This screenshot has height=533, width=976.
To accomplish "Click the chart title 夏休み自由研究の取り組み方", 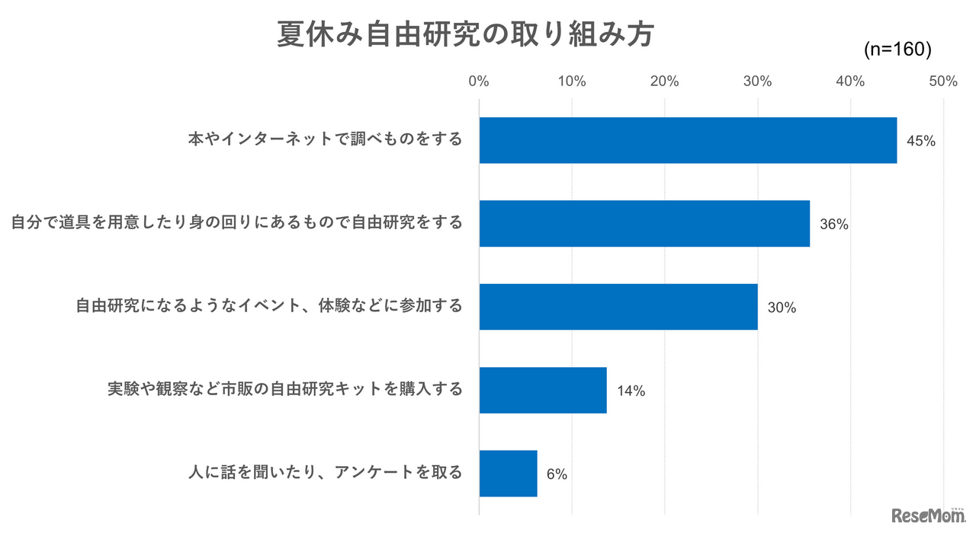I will [x=464, y=35].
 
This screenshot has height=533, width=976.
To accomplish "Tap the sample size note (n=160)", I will [x=897, y=49].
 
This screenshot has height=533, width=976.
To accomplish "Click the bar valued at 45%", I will [x=688, y=140].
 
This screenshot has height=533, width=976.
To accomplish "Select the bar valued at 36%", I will [x=644, y=223].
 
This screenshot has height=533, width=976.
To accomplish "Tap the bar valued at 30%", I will [x=618, y=307].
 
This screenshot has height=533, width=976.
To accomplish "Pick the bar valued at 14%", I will [x=543, y=390].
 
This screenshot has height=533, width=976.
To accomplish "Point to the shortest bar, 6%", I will [x=508, y=473].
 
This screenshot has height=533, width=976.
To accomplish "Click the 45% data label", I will [x=921, y=141].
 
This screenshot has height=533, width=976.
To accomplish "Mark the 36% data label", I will [x=834, y=225].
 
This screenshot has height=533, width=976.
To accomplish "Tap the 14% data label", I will [x=631, y=391].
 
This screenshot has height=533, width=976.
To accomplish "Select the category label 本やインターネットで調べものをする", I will [x=326, y=139].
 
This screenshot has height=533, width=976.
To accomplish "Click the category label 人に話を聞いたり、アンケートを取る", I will [x=326, y=473].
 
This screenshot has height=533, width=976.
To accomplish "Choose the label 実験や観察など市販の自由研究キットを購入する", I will [x=284, y=390].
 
